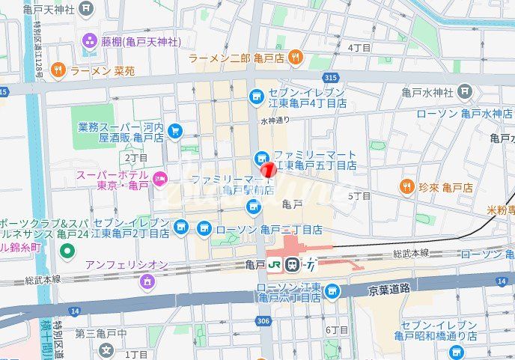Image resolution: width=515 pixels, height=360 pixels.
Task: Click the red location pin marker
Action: point(267,169)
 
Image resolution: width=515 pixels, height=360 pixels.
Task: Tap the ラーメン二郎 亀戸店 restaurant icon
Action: point(296,57)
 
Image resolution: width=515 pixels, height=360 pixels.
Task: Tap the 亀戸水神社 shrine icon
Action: point(465,92)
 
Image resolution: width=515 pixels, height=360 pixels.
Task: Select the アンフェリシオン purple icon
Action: point(146,281)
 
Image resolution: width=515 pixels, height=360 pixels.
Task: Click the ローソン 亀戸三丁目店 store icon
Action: point(204,228)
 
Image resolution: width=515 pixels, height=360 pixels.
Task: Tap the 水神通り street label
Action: point(275,120)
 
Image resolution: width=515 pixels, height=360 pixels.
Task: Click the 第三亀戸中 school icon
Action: point(106,349)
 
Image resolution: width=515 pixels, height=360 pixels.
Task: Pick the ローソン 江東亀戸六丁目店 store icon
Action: point(332,291)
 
